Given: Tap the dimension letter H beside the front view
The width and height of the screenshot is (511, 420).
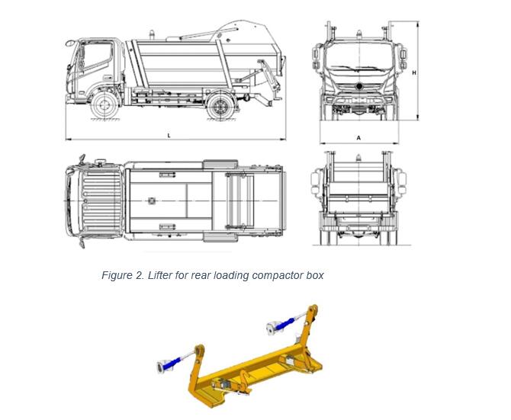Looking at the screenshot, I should coord(413,72).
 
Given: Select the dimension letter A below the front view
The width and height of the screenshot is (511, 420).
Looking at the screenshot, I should coord(358,138).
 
